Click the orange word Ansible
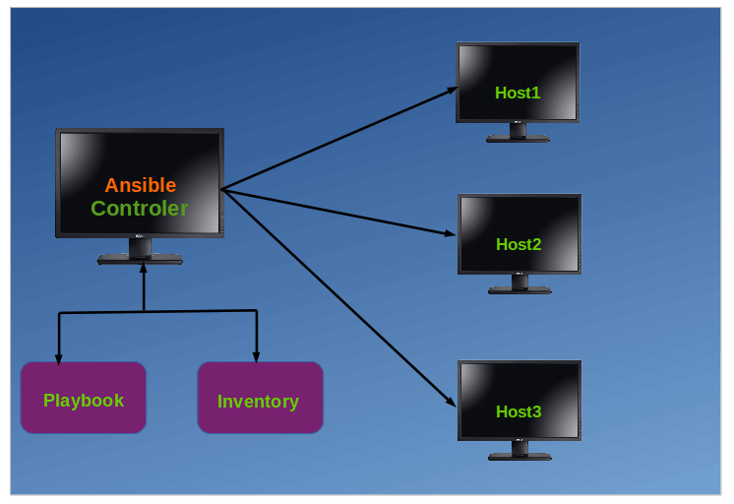click(141, 185)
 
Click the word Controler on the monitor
click(139, 209)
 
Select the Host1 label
click(518, 93)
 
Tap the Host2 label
click(519, 244)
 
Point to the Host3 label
click(519, 411)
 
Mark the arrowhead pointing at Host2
click(451, 234)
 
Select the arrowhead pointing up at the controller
click(144, 269)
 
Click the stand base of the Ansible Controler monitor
click(140, 260)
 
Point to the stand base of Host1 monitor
click(518, 139)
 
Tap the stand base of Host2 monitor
click(519, 290)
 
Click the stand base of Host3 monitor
click(519, 456)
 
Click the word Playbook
click(84, 401)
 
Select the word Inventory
click(258, 402)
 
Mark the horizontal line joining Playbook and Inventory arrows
click(197, 312)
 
